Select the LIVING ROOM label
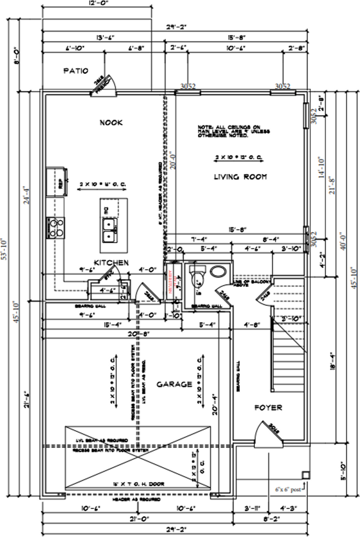[240, 177]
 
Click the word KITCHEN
[111, 262]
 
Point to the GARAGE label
[174, 384]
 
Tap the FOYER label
[268, 408]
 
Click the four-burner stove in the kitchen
[56, 227]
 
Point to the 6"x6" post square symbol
[305, 475]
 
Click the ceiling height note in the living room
[234, 131]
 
